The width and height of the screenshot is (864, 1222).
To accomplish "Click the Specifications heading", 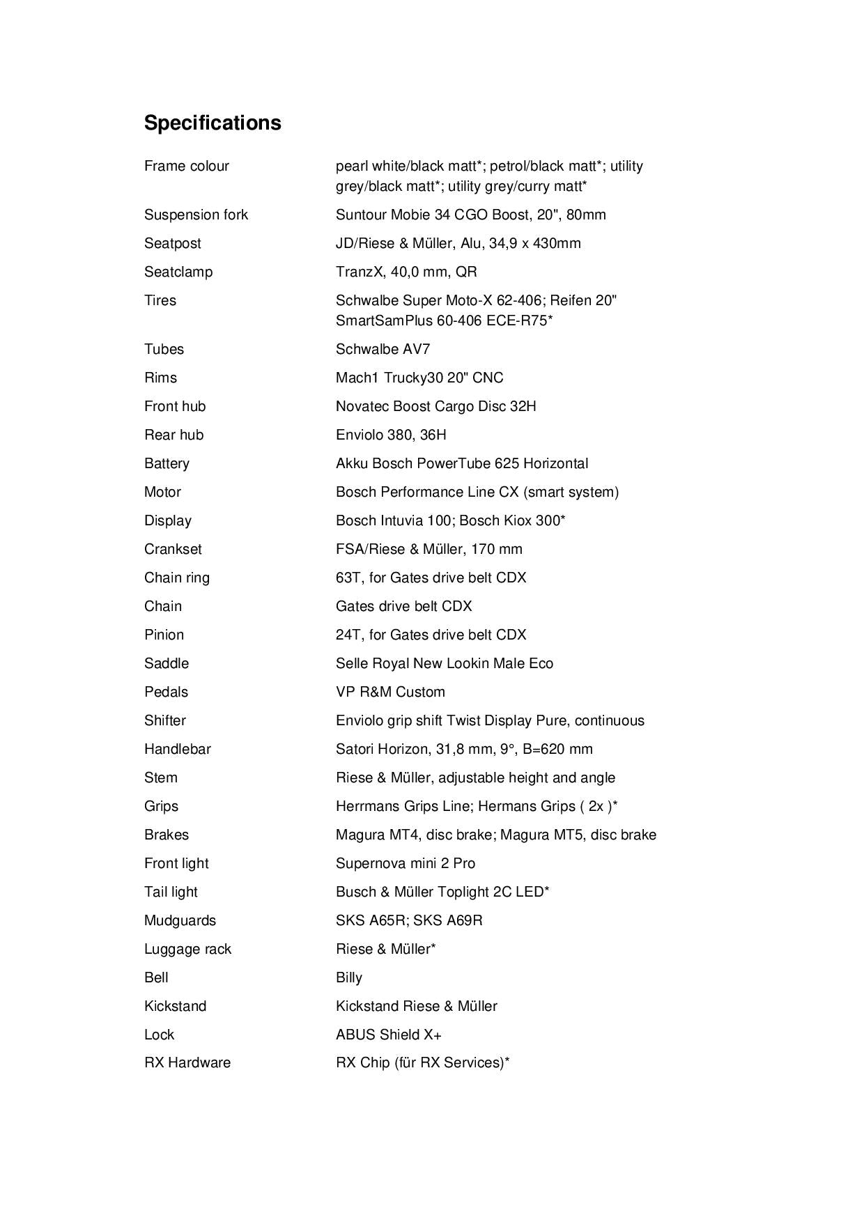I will [x=213, y=123].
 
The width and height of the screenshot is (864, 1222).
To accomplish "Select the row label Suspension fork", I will [x=196, y=215].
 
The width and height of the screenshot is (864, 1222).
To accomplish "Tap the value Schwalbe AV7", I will [x=383, y=349].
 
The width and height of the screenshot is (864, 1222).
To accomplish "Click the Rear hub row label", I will [x=173, y=435].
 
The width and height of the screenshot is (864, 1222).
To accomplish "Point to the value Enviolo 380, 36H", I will [x=391, y=435].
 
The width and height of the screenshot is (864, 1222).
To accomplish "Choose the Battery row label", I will [x=167, y=463].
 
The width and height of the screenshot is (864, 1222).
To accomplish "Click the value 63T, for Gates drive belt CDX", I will [x=431, y=578].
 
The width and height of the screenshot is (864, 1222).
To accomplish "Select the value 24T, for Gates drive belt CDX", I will [x=431, y=635].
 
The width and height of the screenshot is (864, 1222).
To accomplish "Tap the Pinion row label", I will [x=164, y=635].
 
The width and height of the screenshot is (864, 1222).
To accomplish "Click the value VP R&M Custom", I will [x=390, y=692].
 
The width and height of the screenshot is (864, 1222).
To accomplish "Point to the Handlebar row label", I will [x=177, y=749].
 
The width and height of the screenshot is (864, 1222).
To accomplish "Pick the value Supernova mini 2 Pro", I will [x=405, y=863].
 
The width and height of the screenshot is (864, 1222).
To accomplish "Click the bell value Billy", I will [x=348, y=977].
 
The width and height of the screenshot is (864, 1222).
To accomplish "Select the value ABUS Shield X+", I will [x=388, y=1035].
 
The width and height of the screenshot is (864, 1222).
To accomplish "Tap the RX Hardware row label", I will [x=187, y=1062].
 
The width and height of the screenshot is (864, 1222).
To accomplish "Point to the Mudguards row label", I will [x=180, y=920].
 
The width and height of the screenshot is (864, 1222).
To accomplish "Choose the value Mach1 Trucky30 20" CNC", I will [x=419, y=378].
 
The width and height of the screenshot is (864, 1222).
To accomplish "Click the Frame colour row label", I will [x=186, y=166].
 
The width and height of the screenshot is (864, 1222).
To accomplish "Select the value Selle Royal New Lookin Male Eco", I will [x=444, y=663].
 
